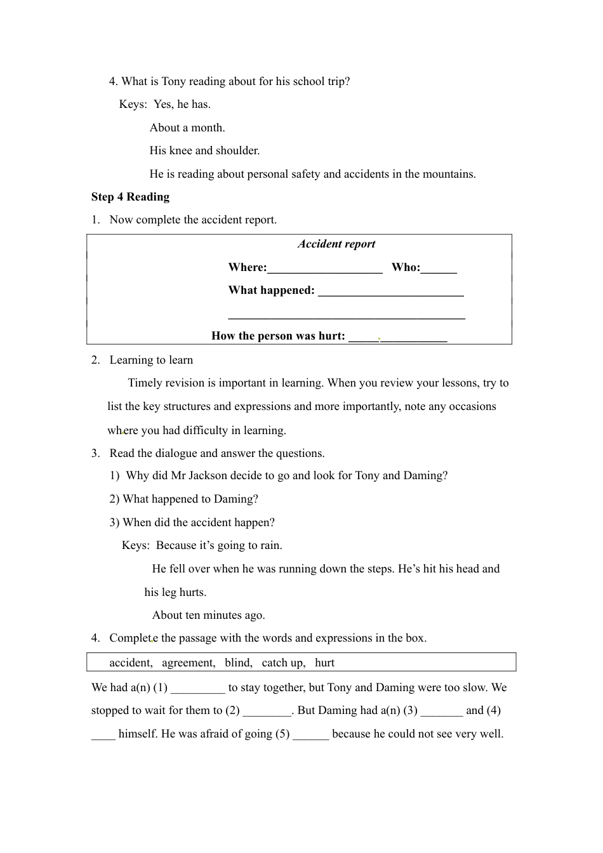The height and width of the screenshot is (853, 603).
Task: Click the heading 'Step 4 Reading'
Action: [130, 197]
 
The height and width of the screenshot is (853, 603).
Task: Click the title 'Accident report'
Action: [336, 244]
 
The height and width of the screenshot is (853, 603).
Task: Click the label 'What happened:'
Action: [271, 290]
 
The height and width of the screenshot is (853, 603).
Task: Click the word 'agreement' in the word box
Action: [189, 663]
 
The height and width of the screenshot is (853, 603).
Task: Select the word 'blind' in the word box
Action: [238, 663]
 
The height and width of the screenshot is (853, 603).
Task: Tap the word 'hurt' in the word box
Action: [324, 663]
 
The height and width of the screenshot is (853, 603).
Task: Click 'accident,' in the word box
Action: [131, 663]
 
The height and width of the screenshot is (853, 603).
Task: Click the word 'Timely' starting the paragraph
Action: [145, 383]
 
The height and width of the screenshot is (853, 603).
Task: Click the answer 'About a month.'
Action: [187, 128]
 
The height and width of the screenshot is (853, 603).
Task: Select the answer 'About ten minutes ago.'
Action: [208, 615]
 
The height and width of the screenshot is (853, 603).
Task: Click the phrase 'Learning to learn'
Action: [151, 360]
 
